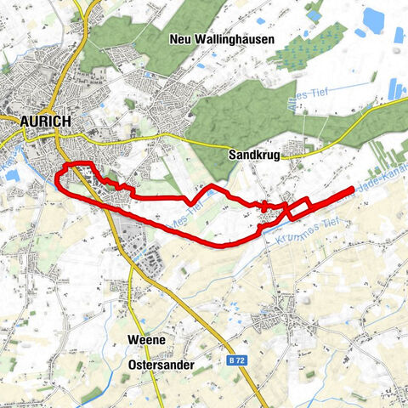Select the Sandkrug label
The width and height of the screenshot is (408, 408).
pyautogui.click(x=254, y=156)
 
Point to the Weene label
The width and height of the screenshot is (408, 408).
pyautogui.click(x=144, y=340)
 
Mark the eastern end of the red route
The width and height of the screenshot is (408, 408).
pyautogui.click(x=351, y=190)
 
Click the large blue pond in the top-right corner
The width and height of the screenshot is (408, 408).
pyautogui.click(x=374, y=19)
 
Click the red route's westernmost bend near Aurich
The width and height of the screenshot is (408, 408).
pyautogui.click(x=56, y=178)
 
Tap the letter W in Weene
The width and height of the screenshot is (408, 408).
pyautogui.click(x=132, y=340)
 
